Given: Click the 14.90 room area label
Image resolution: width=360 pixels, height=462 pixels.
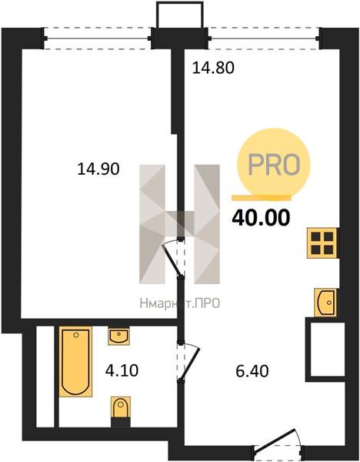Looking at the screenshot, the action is [x=98, y=169].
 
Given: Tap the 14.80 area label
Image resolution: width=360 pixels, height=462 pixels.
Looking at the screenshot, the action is [x=213, y=68].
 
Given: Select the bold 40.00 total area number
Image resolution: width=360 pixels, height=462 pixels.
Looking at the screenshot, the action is [x=261, y=218].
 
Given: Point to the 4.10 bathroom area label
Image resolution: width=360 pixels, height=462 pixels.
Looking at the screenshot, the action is [x=122, y=370].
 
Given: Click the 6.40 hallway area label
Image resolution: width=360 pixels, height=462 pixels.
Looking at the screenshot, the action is [x=252, y=371].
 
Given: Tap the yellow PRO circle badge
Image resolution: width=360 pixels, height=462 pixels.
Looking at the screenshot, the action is [x=274, y=163].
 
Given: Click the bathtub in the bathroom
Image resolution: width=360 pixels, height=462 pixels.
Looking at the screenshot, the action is [x=75, y=361].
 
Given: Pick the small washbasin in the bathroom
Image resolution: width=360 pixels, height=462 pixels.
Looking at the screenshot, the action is [x=118, y=336].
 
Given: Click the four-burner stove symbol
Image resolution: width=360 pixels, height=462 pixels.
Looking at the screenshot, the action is [x=322, y=243].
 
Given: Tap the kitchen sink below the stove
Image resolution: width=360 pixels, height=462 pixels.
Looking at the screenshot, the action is [x=325, y=303].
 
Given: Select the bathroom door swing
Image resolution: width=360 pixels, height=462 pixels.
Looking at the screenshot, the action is [x=188, y=362].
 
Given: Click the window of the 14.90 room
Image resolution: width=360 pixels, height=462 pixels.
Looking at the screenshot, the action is [x=97, y=38].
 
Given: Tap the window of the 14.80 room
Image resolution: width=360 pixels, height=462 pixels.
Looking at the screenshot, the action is [x=264, y=38].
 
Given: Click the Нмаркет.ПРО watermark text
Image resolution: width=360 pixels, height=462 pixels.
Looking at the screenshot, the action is [x=180, y=303].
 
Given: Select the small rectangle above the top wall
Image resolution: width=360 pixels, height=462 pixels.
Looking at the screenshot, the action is [x=180, y=15].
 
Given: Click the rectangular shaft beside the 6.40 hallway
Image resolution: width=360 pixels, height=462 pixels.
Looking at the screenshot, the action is [x=325, y=349].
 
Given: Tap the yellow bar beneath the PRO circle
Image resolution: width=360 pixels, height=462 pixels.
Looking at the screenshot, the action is [x=262, y=198].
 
